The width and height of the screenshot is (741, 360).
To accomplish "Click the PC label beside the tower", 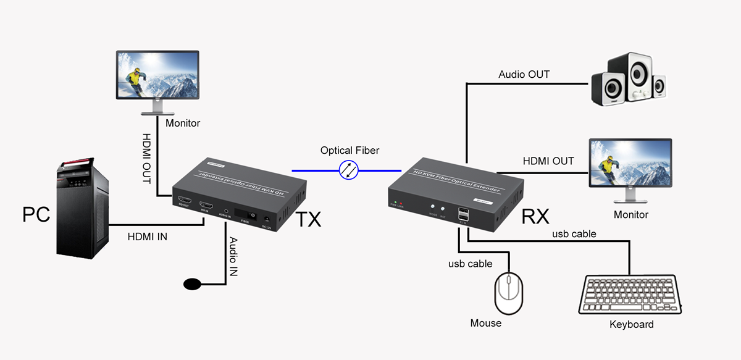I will [x=36, y=214].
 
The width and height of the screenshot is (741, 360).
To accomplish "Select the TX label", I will [x=309, y=219].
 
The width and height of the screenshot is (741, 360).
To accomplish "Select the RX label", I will [x=535, y=217].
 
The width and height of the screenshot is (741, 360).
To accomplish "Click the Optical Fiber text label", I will [x=350, y=151].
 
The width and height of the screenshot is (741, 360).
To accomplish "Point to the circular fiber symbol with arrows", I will [x=349, y=170].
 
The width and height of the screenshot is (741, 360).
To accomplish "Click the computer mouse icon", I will [x=508, y=295].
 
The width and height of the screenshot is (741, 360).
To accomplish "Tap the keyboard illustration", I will [x=634, y=295].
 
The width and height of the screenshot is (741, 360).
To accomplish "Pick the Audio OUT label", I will [x=524, y=75].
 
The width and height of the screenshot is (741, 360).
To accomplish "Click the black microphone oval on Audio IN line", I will [x=193, y=284].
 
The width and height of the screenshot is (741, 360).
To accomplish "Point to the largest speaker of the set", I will [x=619, y=80].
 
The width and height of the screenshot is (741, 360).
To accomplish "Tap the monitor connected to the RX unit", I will [x=630, y=168].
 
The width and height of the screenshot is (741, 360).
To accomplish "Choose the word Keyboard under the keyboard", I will [x=631, y=324].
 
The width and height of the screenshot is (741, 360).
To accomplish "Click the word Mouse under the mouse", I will [x=486, y=323].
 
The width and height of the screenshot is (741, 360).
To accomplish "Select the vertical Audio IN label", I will [x=233, y=256].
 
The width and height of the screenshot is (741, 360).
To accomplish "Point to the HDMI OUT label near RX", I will [x=548, y=161].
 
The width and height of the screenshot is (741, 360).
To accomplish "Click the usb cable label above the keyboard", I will [x=574, y=233].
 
